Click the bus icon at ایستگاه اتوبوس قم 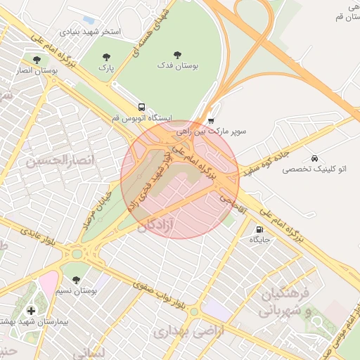click(x=142, y=108)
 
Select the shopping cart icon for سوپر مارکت click(x=211, y=120)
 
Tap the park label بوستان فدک click(x=178, y=65)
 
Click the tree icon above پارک click(x=106, y=57)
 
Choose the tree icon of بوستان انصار click(x=37, y=59)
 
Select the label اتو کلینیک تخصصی click(x=323, y=169)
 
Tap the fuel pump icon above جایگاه click(x=259, y=229)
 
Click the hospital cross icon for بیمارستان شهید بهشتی click(x=30, y=310)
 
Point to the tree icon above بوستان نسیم click(x=76, y=280)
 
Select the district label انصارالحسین click(x=59, y=161)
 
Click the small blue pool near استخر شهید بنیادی click(x=88, y=19)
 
